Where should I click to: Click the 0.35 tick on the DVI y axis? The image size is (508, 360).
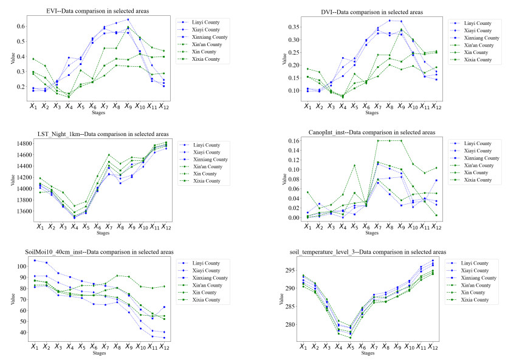point(279,27)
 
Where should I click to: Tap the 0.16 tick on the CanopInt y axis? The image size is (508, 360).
point(280,141)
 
